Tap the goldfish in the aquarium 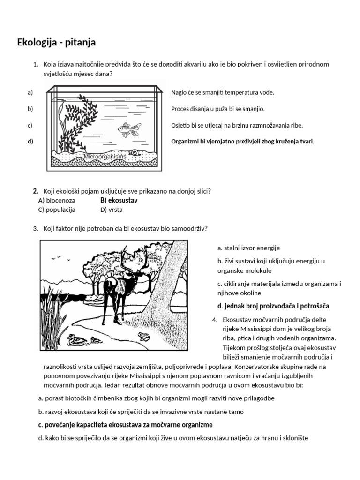(x=129, y=129)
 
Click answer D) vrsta (x=111, y=210)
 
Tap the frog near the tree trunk (x=143, y=336)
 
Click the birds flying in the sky (x=58, y=257)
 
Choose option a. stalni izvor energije (x=248, y=248)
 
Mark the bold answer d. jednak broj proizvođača (x=273, y=306)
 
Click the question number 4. (x=214, y=320)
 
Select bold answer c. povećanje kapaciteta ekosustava (x=125, y=425)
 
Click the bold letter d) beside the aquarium (x=30, y=141)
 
